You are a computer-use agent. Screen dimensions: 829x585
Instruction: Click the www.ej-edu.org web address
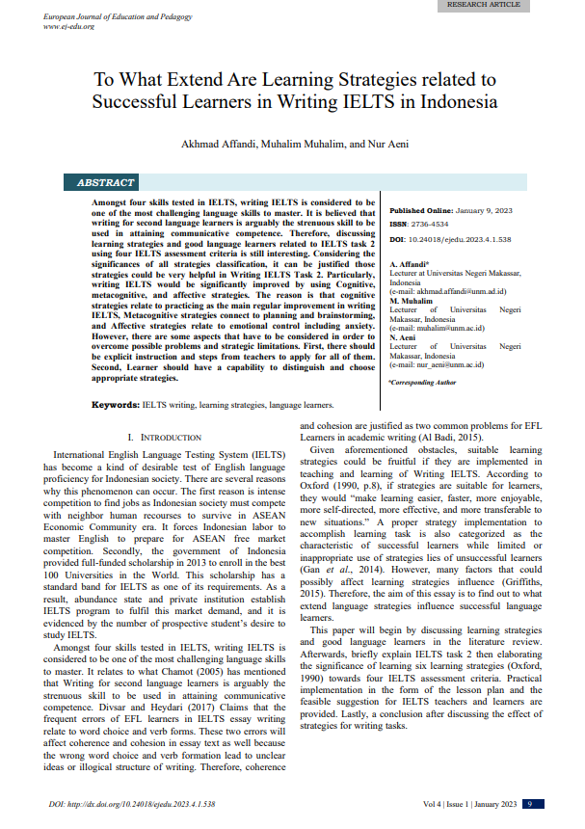coord(68,26)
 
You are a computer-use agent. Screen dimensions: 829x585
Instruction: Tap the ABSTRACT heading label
coord(106,182)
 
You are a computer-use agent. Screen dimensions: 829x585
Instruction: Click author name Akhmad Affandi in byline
coord(216,144)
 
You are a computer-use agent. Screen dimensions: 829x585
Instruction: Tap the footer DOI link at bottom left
coord(131,803)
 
